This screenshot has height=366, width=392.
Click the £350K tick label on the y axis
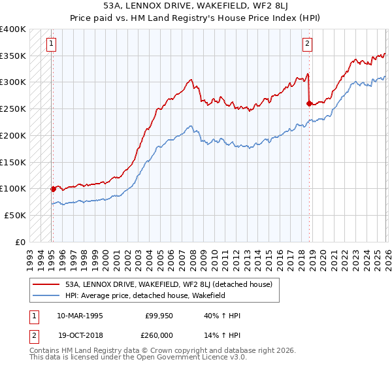tap(12, 56)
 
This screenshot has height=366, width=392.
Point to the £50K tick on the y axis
tap(15, 215)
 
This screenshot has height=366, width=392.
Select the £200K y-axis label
tap(12, 136)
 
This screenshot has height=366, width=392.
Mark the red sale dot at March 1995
tap(53, 189)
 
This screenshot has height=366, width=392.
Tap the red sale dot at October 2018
tap(308, 103)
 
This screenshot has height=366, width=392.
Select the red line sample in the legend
tap(46, 284)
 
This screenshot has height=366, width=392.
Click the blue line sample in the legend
tap(46, 295)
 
